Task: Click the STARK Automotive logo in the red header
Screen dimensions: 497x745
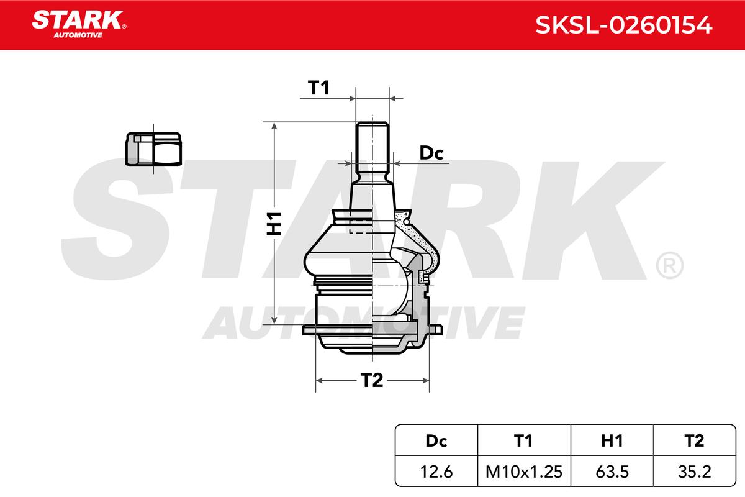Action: (79, 23)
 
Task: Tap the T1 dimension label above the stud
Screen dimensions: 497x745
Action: (318, 89)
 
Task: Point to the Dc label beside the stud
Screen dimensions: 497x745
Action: (431, 153)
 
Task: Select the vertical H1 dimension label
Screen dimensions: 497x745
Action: (274, 223)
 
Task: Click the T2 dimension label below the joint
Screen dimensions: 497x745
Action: (372, 380)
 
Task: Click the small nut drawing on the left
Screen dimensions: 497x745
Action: (153, 149)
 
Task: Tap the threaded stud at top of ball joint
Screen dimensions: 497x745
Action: (372, 149)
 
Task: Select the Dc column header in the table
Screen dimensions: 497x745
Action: (436, 440)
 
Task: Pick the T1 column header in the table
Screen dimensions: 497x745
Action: (523, 440)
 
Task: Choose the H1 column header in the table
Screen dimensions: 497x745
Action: (612, 440)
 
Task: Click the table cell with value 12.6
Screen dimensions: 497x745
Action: (436, 472)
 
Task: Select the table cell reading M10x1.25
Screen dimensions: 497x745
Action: (523, 472)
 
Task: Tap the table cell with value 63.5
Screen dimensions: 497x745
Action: (612, 472)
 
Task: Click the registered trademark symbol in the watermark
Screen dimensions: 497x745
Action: (669, 266)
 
